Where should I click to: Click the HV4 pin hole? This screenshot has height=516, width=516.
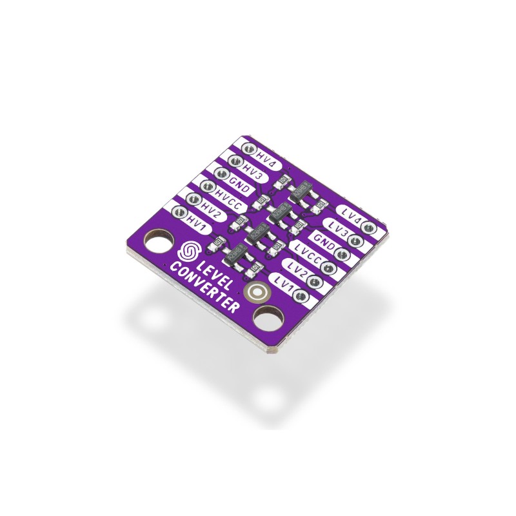click(x=248, y=148)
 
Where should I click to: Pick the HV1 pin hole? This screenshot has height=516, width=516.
click(x=180, y=213)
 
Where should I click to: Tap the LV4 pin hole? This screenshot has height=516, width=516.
click(x=368, y=228)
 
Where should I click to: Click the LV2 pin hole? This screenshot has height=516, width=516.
click(x=315, y=282)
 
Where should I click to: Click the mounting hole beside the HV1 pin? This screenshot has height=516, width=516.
click(x=158, y=241)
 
